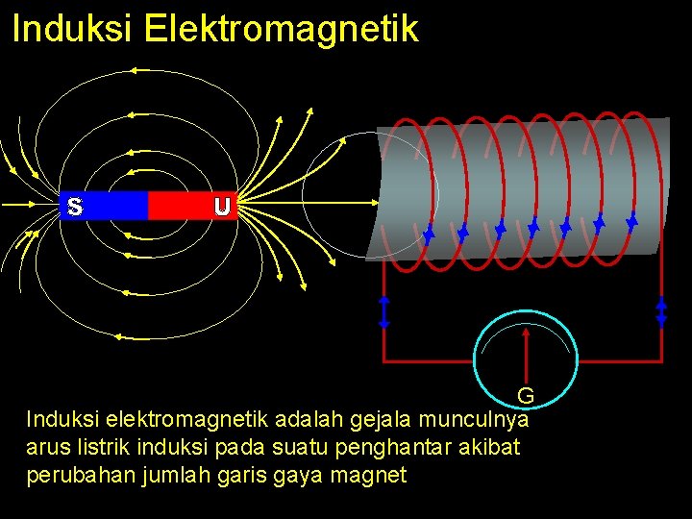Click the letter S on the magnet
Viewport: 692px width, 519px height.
click(75, 206)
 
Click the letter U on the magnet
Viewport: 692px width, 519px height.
click(222, 206)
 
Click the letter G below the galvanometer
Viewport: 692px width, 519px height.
click(526, 396)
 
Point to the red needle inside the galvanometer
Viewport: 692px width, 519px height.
click(527, 356)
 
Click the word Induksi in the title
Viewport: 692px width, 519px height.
click(72, 29)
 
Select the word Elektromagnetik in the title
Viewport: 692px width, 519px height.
click(282, 29)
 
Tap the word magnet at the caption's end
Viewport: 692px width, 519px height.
click(373, 474)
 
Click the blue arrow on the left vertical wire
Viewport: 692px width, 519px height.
click(383, 311)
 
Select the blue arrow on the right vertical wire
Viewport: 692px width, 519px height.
click(661, 311)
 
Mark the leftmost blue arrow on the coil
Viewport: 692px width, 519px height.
click(429, 233)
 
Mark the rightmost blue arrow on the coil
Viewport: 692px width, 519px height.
click(631, 220)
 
